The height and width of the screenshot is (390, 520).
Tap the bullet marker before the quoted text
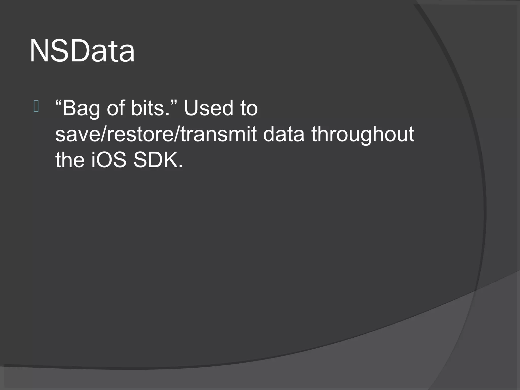click(x=36, y=107)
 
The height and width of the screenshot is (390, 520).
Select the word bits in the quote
click(x=148, y=108)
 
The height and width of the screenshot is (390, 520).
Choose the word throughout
click(x=363, y=135)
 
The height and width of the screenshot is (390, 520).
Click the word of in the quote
click(x=116, y=108)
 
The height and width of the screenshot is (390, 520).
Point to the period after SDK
click(x=181, y=166)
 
